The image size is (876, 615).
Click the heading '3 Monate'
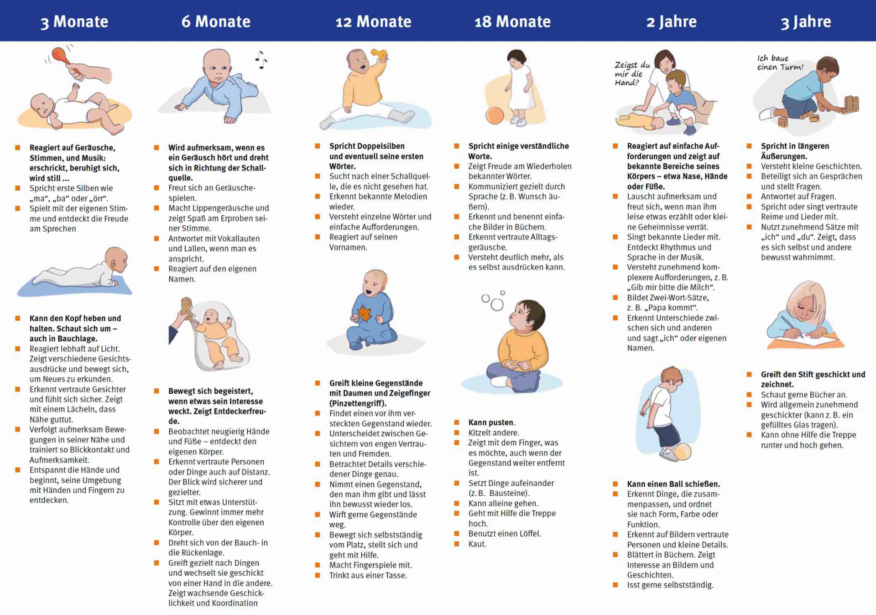[x=74, y=22]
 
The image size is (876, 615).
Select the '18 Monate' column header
[x=512, y=22]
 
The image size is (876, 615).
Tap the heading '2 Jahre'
[x=671, y=22]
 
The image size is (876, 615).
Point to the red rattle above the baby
[x=61, y=56]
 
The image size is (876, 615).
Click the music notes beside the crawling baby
[x=261, y=60]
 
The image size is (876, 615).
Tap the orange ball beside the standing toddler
[x=495, y=115]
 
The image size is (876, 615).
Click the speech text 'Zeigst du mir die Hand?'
[x=632, y=73]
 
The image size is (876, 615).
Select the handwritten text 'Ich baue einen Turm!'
[x=780, y=63]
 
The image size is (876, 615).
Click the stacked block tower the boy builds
[x=851, y=104]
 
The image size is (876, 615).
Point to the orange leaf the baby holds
[x=364, y=314]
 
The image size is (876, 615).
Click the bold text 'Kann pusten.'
[x=491, y=422]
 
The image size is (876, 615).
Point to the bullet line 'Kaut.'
[x=477, y=544]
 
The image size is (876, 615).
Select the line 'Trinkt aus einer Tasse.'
[x=368, y=575]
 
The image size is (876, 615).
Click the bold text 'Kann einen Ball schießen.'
[x=673, y=484]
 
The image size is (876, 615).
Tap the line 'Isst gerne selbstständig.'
[x=670, y=585]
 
